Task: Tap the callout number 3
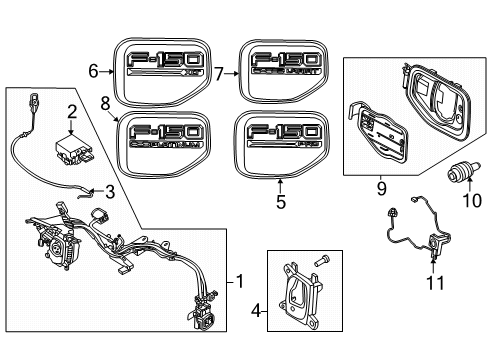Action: (111, 192)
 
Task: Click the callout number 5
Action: (281, 202)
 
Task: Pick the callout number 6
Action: (94, 71)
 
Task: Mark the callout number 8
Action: (105, 101)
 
